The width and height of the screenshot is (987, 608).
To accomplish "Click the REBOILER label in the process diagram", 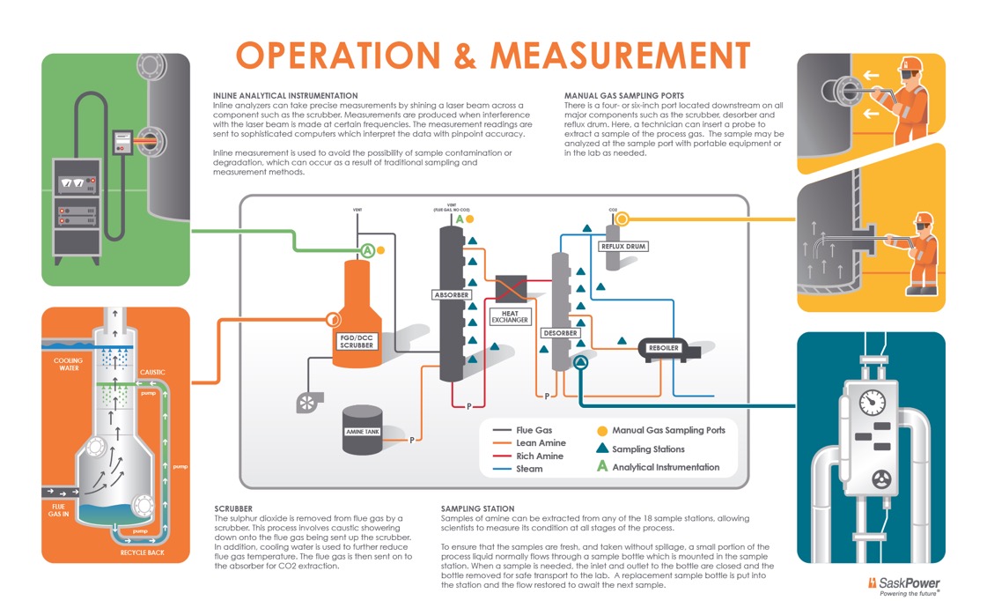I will coord(663,348).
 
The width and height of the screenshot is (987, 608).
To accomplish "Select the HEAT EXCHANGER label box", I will coord(511,316).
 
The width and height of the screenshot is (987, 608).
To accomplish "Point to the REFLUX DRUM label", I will coord(623,247).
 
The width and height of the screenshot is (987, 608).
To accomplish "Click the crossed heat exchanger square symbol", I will coord(511,289).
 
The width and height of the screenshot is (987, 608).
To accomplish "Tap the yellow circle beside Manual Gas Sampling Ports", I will coord(602,431).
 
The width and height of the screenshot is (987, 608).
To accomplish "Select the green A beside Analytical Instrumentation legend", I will coord(602,466).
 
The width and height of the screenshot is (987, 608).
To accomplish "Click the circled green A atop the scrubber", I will coord(366,250).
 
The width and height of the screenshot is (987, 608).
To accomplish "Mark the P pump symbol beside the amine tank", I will coord(411,439).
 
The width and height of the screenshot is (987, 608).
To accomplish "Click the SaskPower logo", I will coord(904,586).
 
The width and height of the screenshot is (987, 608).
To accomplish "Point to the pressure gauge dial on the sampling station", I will coord(873,402).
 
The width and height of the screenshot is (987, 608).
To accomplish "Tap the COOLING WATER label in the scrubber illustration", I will coord(68,364).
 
